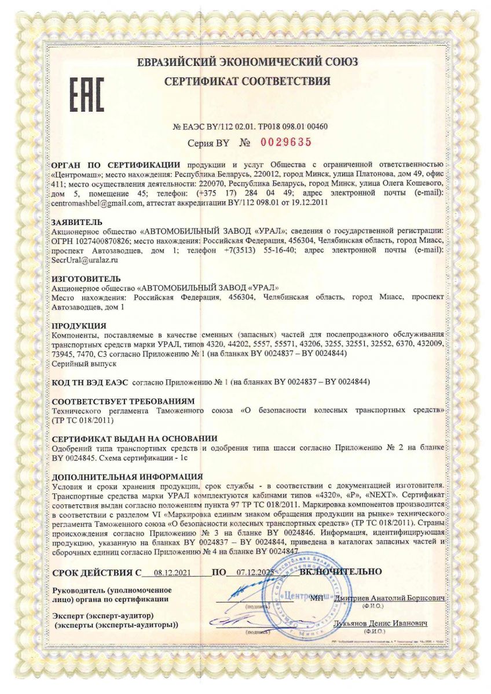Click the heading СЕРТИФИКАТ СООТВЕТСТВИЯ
[x=247, y=82]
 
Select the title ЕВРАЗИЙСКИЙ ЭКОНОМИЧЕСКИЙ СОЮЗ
[x=247, y=62]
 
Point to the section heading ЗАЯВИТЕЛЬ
[x=77, y=222]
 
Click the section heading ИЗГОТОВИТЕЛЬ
[x=86, y=278]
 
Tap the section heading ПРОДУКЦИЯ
[x=79, y=326]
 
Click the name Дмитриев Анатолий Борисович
[x=389, y=597]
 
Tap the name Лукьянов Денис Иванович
[x=380, y=625]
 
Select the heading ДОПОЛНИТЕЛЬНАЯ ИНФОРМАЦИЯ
[x=127, y=478]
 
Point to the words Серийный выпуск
[x=85, y=364]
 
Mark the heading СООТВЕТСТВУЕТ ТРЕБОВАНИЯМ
[x=123, y=401]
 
